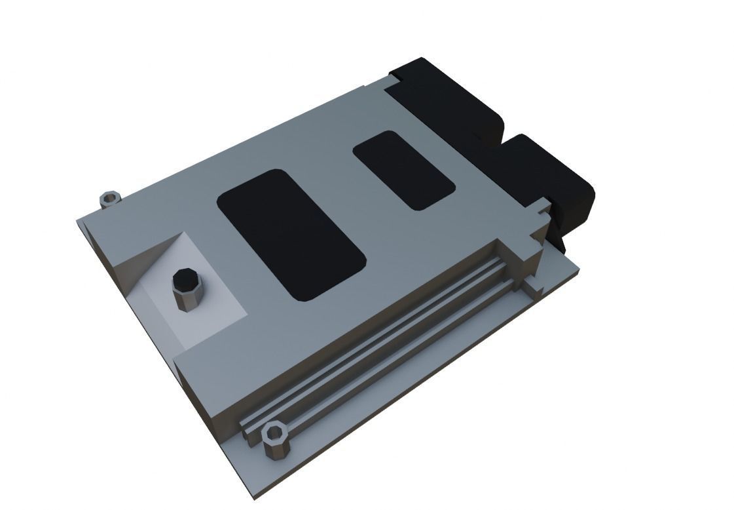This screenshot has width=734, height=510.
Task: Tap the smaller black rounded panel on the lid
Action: coord(403,170)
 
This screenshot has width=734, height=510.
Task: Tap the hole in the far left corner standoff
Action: coord(111,195)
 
